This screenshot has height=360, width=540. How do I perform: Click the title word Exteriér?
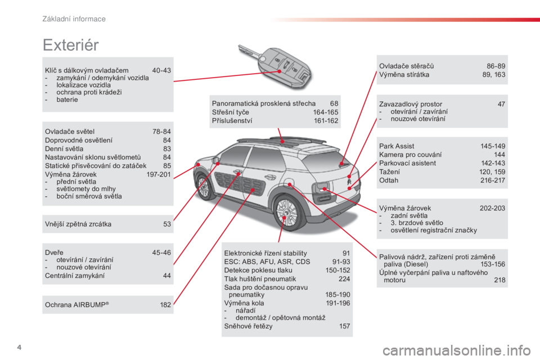(x=71, y=45)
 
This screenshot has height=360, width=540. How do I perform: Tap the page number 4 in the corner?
(x=19, y=347)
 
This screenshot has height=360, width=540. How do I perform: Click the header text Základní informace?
(x=74, y=19)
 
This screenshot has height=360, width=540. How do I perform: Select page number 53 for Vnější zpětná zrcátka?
(x=167, y=224)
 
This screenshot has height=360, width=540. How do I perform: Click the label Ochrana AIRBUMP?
(x=77, y=305)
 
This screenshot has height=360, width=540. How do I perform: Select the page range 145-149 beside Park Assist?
(x=493, y=146)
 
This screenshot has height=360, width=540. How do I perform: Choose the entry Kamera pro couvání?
(x=410, y=155)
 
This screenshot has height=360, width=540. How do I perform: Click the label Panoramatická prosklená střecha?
(x=264, y=103)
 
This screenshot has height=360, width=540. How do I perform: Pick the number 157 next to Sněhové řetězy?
(x=344, y=326)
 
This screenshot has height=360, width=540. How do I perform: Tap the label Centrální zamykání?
(x=75, y=276)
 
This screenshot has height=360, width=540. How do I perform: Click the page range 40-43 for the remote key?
(x=161, y=70)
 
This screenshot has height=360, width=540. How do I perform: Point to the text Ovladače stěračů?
(x=406, y=66)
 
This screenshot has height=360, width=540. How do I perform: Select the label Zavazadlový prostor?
(x=411, y=104)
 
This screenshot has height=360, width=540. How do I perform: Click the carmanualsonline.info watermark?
(x=457, y=351)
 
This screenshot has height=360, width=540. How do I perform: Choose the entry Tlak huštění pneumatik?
(x=260, y=279)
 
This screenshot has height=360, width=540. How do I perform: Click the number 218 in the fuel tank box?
(x=499, y=280)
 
